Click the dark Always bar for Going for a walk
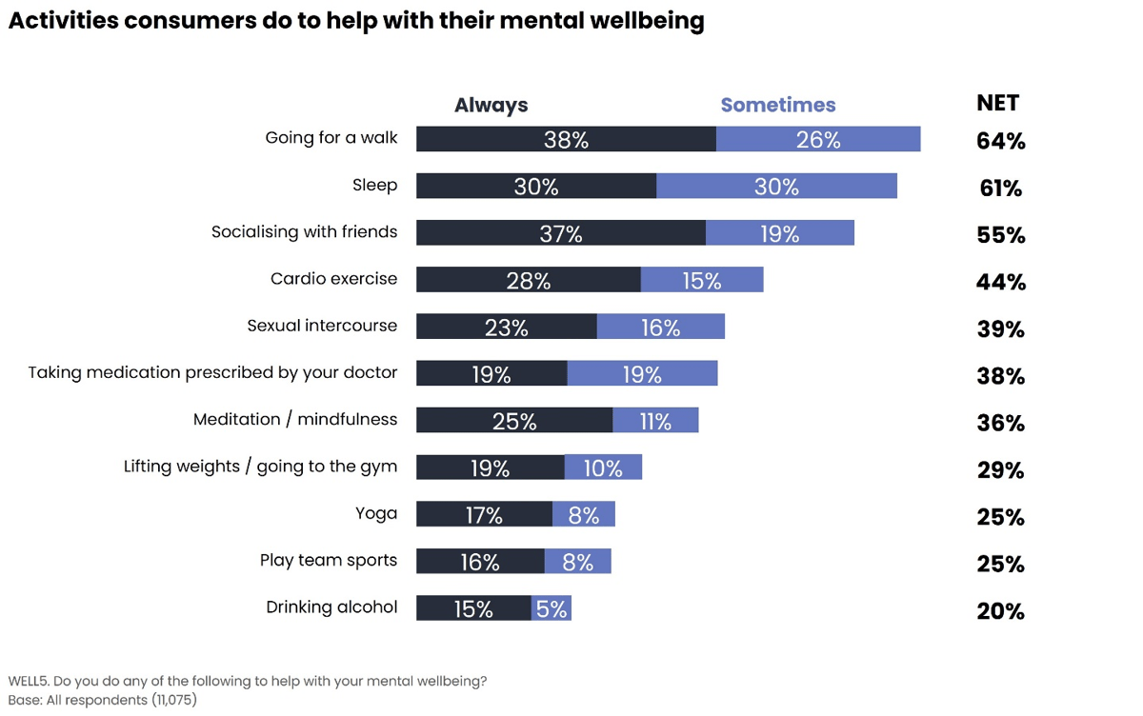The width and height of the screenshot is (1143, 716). click(x=566, y=139)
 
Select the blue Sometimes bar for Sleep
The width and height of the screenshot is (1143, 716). click(x=776, y=186)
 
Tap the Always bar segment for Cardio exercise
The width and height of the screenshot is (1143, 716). click(x=528, y=280)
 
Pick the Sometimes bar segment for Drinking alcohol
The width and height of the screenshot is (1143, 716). click(x=551, y=608)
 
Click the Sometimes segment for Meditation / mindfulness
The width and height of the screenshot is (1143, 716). click(x=655, y=420)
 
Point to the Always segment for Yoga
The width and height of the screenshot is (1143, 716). click(x=484, y=514)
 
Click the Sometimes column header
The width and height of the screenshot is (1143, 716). click(x=777, y=106)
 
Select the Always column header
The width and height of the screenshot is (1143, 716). click(x=491, y=106)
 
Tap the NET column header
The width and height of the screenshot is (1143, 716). click(x=997, y=104)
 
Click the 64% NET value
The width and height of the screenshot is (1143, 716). click(x=1000, y=142)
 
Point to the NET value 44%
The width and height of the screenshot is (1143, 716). click(x=1000, y=283)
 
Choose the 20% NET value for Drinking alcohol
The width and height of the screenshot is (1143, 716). click(x=1000, y=612)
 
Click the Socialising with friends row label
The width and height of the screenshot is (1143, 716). click(x=304, y=232)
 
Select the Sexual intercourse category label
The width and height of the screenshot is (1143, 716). click(x=322, y=326)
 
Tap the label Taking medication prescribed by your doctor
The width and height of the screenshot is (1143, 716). click(x=212, y=372)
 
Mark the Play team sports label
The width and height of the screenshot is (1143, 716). click(x=328, y=560)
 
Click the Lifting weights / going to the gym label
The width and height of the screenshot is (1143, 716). click(x=260, y=467)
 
